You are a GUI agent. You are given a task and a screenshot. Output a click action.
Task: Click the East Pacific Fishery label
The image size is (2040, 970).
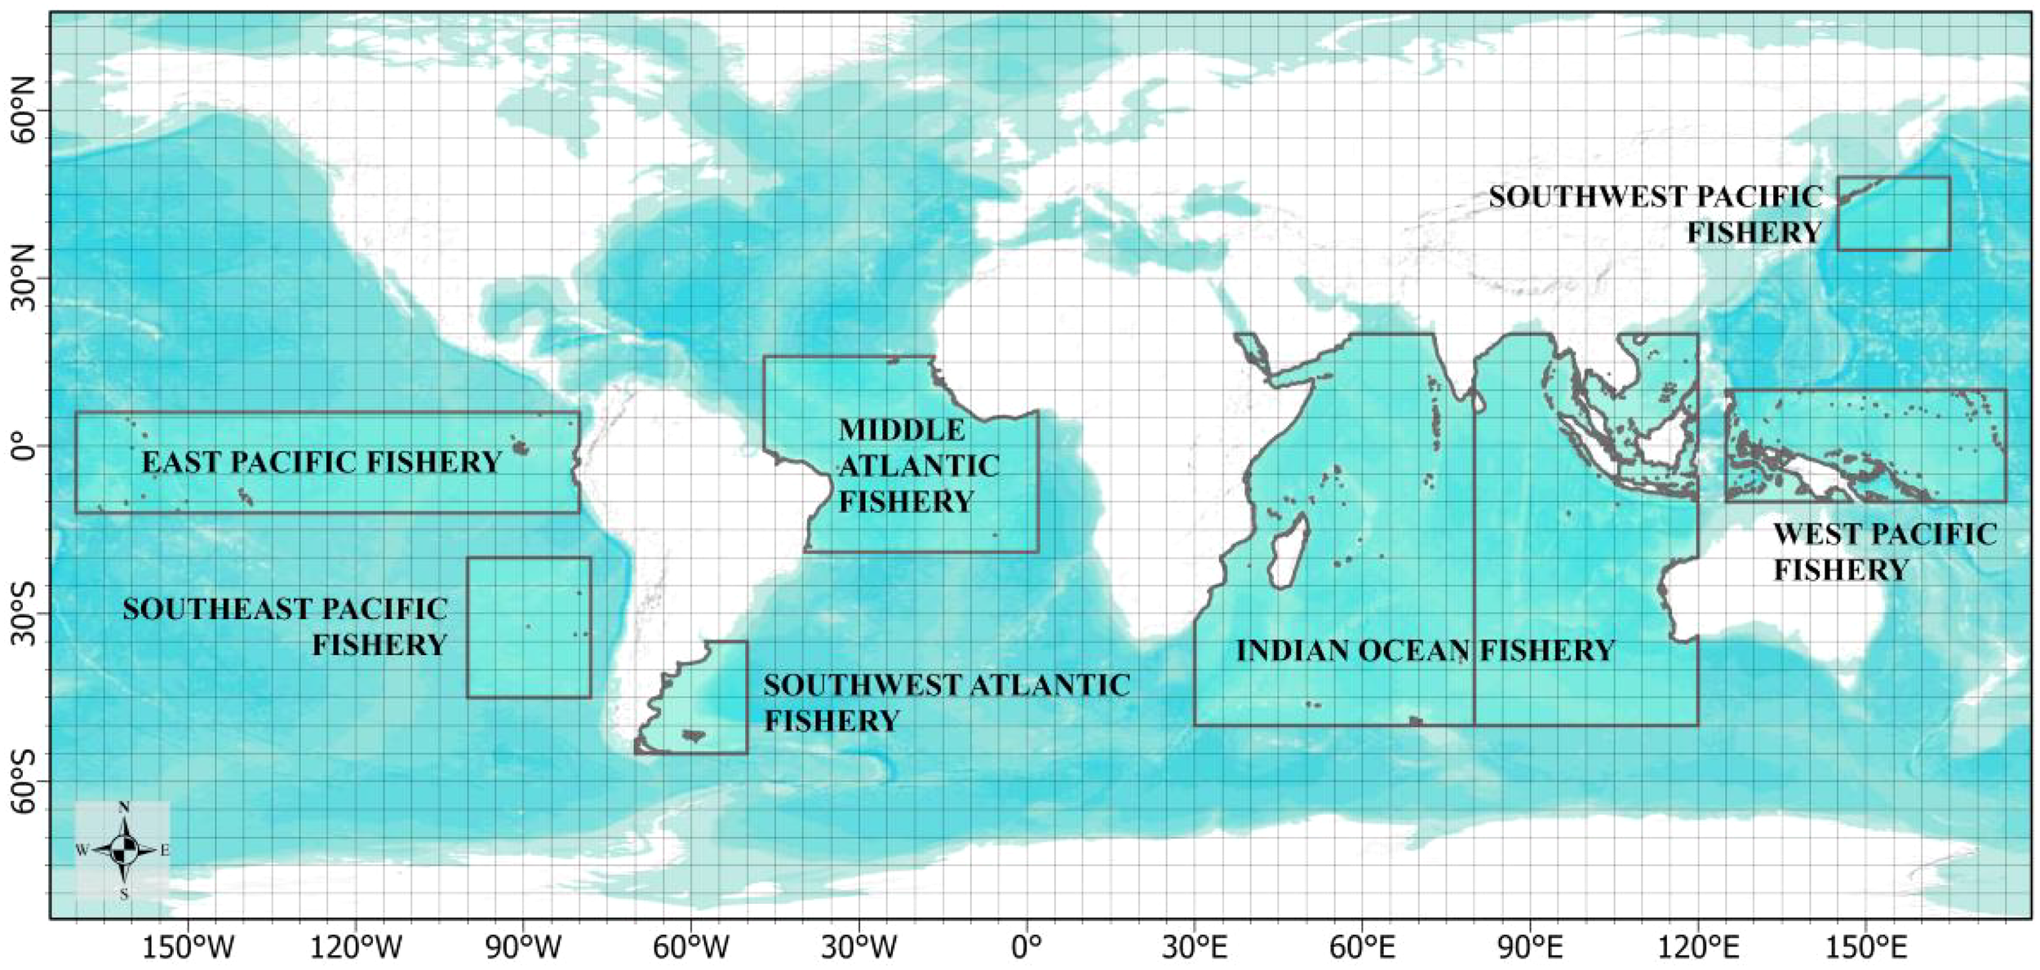[322, 463]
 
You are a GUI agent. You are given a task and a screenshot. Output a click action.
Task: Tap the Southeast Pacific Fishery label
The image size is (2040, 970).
[285, 627]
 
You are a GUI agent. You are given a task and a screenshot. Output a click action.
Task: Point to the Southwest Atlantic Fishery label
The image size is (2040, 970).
[947, 702]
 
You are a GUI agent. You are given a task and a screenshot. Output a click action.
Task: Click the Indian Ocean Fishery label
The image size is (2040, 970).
[1425, 651]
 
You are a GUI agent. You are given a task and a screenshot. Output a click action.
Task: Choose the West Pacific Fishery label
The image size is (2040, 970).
[1885, 551]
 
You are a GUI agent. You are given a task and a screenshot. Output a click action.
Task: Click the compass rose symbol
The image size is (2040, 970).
[123, 850]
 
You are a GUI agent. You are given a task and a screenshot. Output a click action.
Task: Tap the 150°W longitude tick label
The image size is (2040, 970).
[188, 948]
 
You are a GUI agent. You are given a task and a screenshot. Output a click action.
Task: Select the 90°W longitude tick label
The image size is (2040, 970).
[523, 948]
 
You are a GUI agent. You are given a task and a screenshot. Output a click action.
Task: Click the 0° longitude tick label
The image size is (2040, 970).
[1026, 948]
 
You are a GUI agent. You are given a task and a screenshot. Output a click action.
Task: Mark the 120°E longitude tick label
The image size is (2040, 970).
[1698, 948]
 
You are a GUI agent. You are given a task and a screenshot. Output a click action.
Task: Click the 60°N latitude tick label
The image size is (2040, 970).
[23, 111]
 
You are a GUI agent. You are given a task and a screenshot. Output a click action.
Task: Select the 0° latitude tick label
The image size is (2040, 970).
[23, 447]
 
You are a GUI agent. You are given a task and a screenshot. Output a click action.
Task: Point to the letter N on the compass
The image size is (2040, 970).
[124, 807]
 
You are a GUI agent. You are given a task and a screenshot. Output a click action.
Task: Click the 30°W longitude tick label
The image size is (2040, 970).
[859, 948]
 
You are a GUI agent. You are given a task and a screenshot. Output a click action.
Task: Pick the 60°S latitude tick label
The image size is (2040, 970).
[23, 782]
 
